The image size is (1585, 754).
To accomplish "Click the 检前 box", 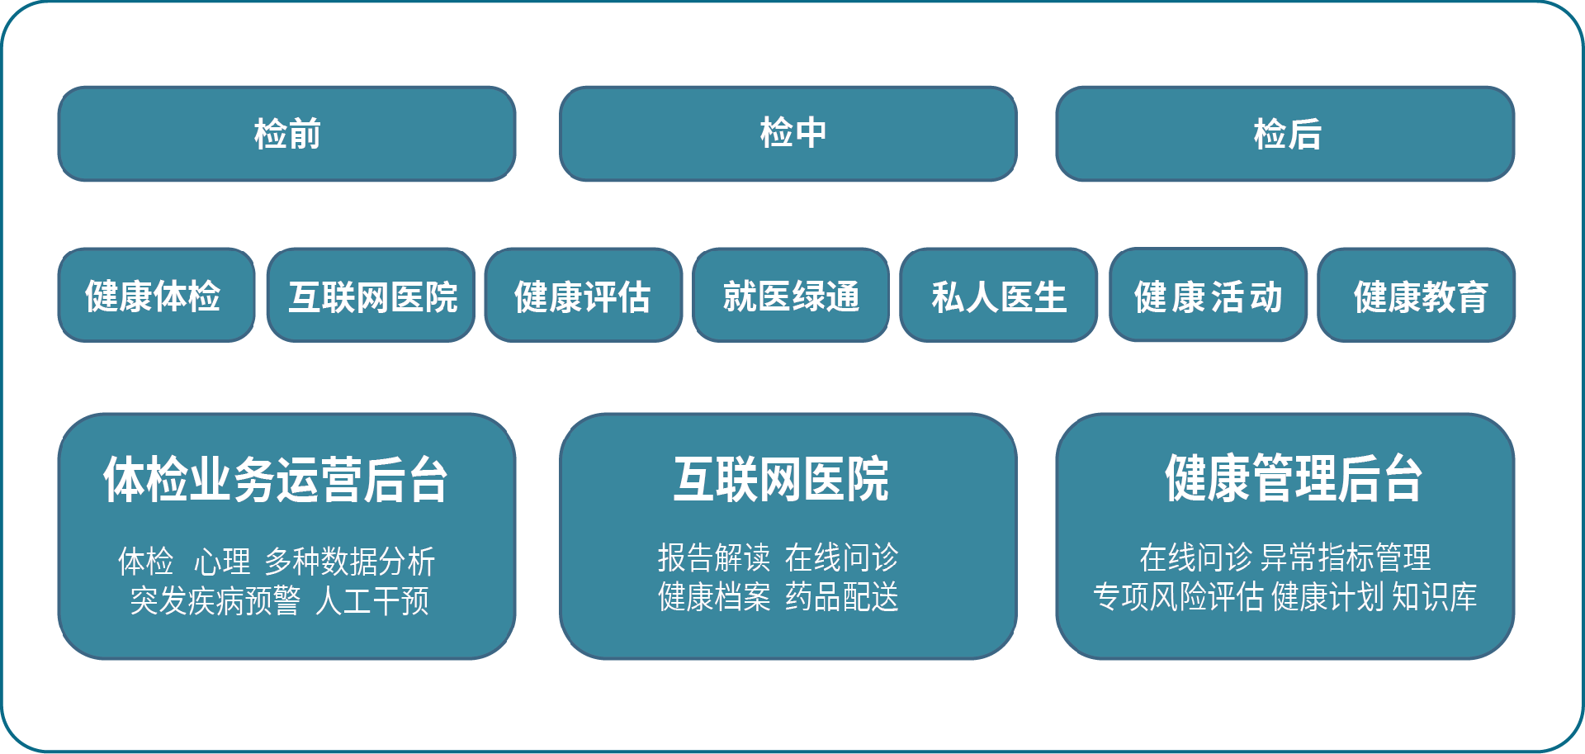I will pos(286,134).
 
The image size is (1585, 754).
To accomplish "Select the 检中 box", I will pos(788,134).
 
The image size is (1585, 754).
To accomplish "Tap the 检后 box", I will pos(1285,134).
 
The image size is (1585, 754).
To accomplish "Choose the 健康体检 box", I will pos(156,296).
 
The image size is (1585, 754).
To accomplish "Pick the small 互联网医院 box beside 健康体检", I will pos(371,296).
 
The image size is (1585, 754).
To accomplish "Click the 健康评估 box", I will pos(583,296).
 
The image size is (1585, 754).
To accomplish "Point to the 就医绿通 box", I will pos(791,296).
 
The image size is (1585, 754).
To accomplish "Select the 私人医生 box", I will pos(998,296).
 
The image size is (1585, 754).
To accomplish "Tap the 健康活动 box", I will pos(1208,296).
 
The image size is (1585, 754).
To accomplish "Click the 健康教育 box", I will pos(1417,296).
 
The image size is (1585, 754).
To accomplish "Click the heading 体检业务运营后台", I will pos(276,479).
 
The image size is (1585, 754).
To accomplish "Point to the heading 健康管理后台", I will pos(1293,479).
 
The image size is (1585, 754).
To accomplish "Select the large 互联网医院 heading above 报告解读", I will pos(781,479).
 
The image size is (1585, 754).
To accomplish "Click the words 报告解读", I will pos(714,558).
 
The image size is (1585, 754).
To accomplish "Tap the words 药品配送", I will pos(841,597).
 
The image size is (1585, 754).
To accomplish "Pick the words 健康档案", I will pos(714,597).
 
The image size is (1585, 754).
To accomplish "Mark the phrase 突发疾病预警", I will pos(215,601).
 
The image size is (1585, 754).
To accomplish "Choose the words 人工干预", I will pos(372,601).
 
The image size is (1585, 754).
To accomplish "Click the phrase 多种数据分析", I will pos(349,562).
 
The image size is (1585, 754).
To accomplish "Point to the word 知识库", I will pos(1435,597).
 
